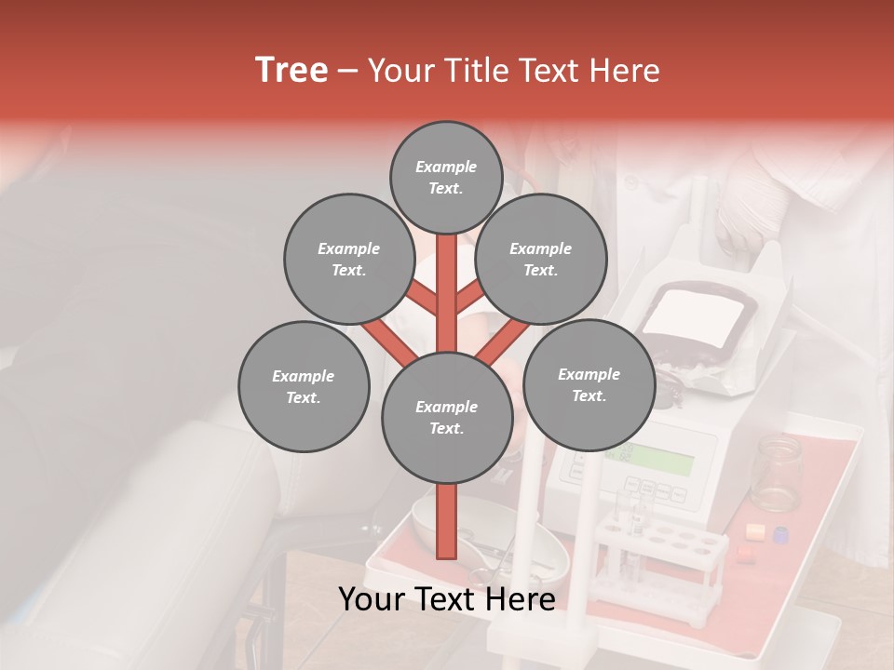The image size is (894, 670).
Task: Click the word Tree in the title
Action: [x=291, y=71]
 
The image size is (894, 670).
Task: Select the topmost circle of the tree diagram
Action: [x=446, y=177]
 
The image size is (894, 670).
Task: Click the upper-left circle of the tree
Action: [x=348, y=259]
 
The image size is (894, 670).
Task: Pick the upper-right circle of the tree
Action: [x=541, y=259]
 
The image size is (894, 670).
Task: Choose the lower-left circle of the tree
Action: [x=304, y=386]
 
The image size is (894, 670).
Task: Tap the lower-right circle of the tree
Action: [x=589, y=384]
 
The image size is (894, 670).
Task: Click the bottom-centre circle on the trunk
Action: [x=447, y=418]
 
